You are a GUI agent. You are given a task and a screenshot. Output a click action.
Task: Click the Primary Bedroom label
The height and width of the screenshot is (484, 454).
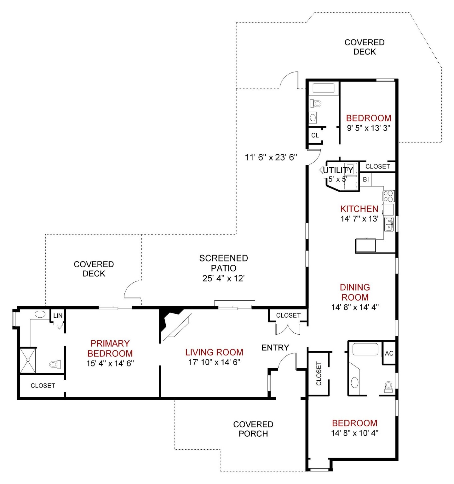[x=110, y=348]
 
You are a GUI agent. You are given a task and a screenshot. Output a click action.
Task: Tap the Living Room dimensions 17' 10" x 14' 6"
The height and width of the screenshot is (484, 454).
[x=214, y=362]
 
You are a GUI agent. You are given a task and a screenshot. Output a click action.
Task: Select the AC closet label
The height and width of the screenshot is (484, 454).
[x=389, y=353]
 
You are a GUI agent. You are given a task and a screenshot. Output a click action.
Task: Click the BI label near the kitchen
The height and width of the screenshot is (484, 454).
[x=365, y=180]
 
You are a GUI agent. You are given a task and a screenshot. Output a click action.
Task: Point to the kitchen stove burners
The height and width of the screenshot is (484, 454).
[x=388, y=196]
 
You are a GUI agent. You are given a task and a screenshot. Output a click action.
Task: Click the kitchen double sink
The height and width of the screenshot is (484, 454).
[x=389, y=224]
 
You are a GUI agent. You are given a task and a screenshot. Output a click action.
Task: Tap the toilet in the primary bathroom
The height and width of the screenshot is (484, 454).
[x=55, y=365]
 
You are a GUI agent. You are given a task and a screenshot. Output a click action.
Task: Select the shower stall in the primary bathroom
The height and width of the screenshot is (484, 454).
[x=28, y=360]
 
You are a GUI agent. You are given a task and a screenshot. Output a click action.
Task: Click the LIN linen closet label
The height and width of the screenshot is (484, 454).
[x=58, y=316]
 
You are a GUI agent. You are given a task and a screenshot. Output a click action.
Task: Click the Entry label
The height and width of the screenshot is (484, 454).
[x=275, y=348]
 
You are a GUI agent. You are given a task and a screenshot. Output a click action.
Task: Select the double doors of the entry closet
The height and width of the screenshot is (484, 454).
[x=288, y=328]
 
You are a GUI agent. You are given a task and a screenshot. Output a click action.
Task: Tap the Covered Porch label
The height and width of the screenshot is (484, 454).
[x=253, y=429]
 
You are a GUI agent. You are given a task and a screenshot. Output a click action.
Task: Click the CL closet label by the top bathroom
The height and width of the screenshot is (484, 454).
[x=315, y=135]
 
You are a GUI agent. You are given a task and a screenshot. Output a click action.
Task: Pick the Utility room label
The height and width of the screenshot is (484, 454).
[x=338, y=170]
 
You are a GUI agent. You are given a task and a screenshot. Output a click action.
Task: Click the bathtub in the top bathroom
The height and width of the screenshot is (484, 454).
[x=323, y=88]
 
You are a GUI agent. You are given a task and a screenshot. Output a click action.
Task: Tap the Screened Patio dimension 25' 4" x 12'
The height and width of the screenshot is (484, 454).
[x=223, y=278]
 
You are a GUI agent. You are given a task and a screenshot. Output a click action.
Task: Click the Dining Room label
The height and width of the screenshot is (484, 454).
[x=355, y=292]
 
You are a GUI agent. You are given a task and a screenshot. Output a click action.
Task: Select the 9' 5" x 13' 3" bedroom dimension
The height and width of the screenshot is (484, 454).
[x=369, y=128]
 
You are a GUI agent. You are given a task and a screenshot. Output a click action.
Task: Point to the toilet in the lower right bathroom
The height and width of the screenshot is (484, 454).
[x=388, y=386]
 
